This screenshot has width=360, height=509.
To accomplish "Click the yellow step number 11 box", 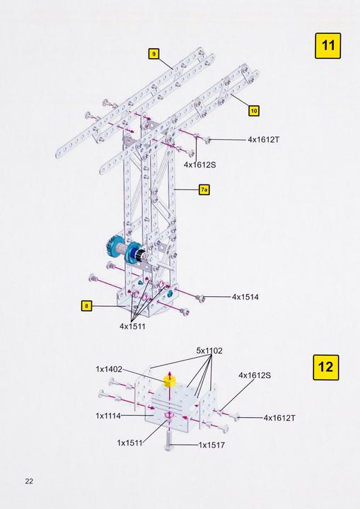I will [x=327, y=46].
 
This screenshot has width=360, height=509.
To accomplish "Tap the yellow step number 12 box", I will [x=325, y=368].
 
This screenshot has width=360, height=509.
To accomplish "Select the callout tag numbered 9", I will [x=153, y=53].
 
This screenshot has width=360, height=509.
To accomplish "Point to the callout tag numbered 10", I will [x=254, y=110].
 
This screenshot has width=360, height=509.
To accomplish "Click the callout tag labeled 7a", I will [x=204, y=189].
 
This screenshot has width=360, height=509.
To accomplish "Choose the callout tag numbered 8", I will [x=86, y=306].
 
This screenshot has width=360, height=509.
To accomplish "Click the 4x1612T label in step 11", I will [x=264, y=140].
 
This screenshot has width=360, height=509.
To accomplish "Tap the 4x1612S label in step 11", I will [x=199, y=164].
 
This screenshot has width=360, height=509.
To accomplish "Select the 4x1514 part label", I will [x=245, y=297].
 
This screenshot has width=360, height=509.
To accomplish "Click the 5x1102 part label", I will [x=209, y=351].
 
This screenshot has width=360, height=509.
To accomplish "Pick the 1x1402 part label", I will [x=110, y=368].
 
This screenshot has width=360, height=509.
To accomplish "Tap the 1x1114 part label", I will [x=110, y=416].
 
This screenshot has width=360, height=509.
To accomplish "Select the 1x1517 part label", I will [x=211, y=445].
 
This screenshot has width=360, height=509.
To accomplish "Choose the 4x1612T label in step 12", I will [x=279, y=418].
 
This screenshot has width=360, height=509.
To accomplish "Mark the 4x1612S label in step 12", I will [x=255, y=375].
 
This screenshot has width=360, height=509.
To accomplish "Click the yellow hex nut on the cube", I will [x=169, y=381].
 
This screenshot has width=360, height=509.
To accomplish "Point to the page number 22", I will [x=29, y=481].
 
